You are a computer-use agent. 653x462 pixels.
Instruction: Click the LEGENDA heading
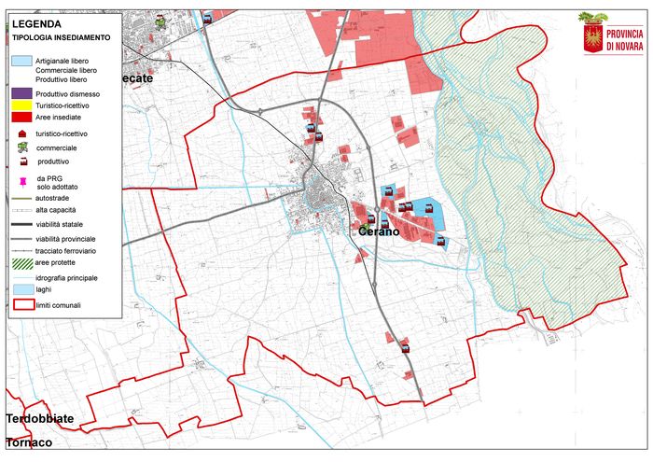point(38,23)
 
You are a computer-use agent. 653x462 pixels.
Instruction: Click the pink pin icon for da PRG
point(21,180)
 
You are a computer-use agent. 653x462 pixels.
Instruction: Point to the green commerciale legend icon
point(21,147)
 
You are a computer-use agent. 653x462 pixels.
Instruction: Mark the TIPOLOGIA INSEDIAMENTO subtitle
point(62,38)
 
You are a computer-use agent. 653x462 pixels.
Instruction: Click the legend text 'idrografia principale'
point(67,278)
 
